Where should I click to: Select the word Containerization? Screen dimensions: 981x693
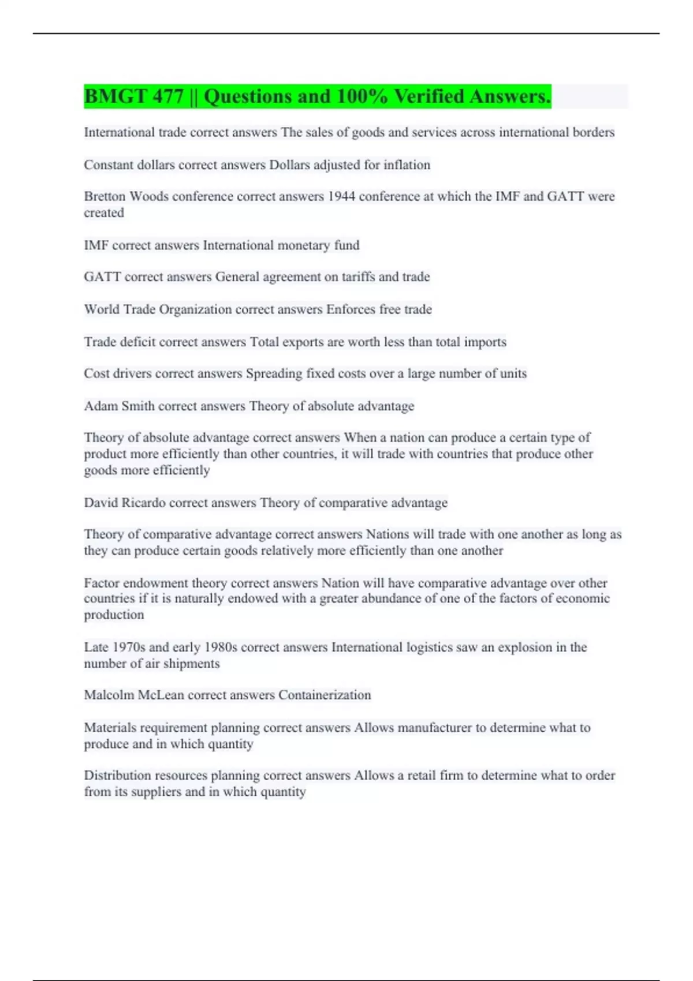coord(325,695)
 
